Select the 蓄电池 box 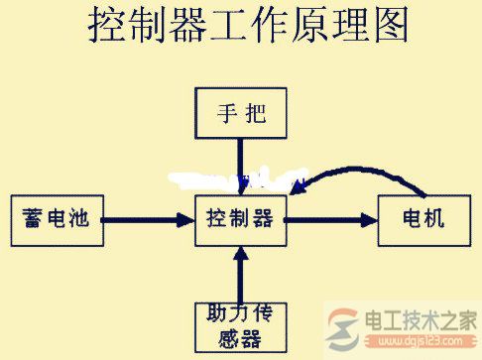(x=56, y=218)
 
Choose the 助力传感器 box (x=240, y=325)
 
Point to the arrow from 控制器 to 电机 (x=331, y=219)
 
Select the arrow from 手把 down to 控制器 (x=240, y=164)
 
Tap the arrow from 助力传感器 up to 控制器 (x=240, y=272)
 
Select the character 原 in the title (x=294, y=27)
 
